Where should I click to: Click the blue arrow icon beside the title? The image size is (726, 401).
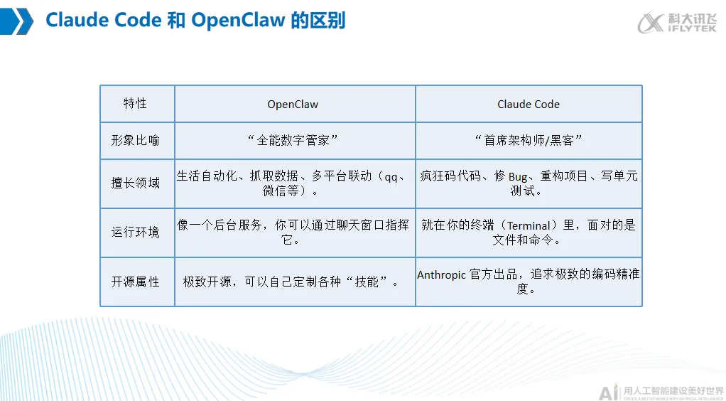click(18, 21)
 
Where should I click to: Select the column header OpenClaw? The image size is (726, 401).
click(293, 105)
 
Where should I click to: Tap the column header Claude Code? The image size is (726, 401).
click(529, 105)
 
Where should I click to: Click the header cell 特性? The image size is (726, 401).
click(135, 104)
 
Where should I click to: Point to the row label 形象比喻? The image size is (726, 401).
click(135, 140)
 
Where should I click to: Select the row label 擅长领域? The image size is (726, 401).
click(135, 183)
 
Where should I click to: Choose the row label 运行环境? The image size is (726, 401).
click(135, 232)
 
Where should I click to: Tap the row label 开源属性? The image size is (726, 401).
click(135, 282)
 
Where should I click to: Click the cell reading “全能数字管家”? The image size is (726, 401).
click(293, 140)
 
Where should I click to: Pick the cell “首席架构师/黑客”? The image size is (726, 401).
click(529, 140)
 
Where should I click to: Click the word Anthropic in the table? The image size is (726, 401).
click(442, 275)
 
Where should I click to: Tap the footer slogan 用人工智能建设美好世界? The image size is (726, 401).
click(672, 390)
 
